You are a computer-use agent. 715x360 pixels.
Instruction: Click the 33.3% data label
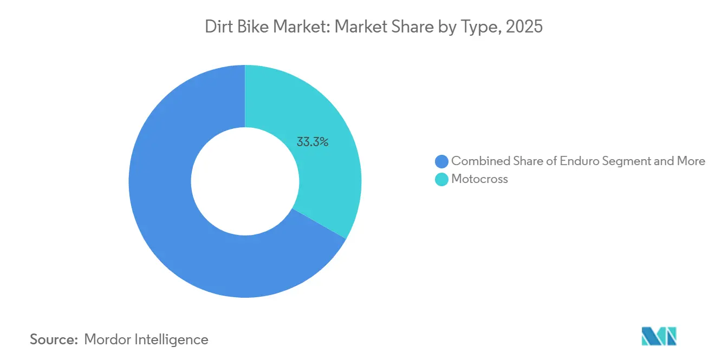(313, 142)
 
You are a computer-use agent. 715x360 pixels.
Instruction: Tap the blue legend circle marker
(442, 161)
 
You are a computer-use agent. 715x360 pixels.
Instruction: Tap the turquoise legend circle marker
(442, 180)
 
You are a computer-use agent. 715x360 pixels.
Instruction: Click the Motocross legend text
(479, 179)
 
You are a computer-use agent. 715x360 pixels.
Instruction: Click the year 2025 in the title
(524, 27)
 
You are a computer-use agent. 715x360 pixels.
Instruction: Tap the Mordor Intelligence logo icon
(659, 336)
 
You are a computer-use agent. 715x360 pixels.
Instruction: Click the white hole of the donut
(245, 181)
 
